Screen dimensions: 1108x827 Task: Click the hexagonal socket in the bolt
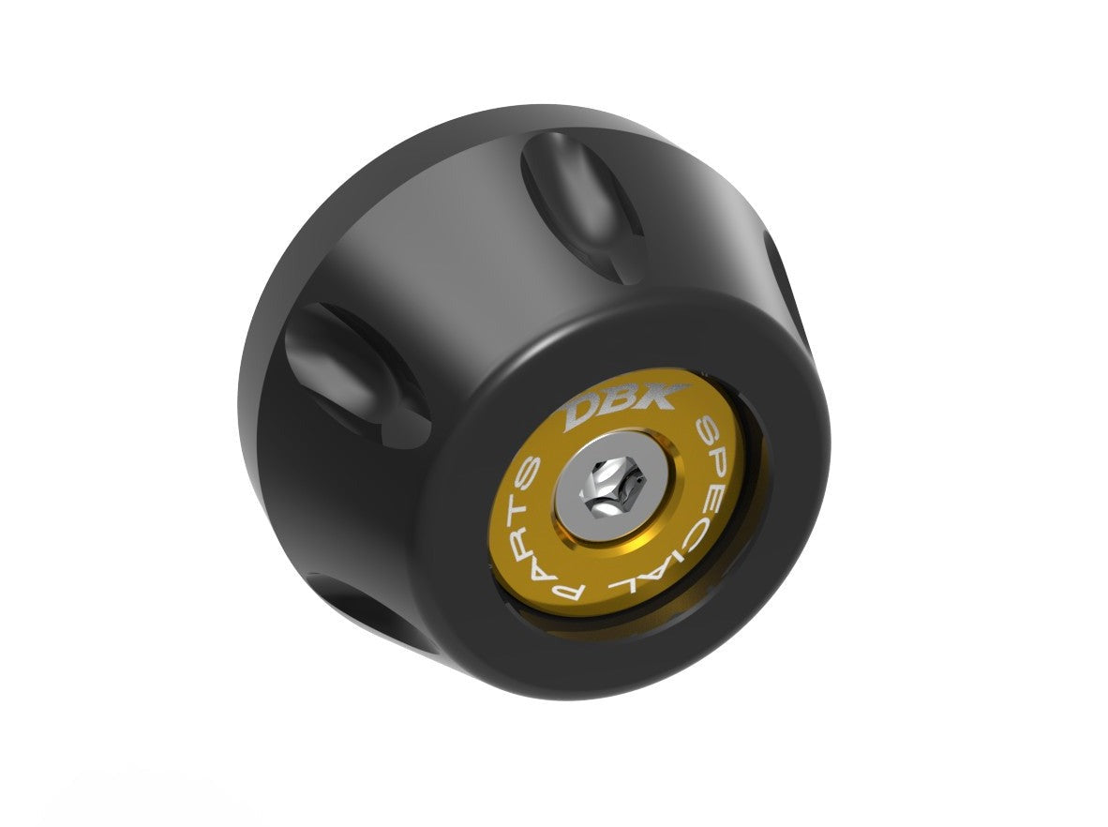607,489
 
